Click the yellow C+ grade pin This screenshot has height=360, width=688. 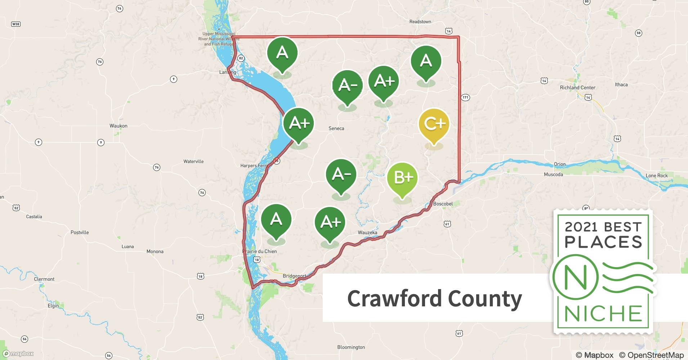pos(434,125)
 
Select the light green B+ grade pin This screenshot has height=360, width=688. pos(402,178)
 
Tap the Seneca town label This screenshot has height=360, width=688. pos(336,129)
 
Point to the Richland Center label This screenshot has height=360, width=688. pos(577,87)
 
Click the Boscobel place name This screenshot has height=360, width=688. pos(443,204)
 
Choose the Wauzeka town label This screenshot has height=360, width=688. pos(367,233)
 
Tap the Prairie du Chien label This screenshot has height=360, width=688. pos(260,251)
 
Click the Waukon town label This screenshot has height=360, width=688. pos(119,126)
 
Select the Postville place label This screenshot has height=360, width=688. pos(80,233)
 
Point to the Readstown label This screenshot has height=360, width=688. pos(420,22)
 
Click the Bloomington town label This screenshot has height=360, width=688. pos(351,347)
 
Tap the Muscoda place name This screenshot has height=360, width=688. pos(553,175)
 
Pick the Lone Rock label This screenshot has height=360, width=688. pos(657,176)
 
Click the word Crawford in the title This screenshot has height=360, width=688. pos(394,298)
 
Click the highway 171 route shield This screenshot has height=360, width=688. pos(465,97)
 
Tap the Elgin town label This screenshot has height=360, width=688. pos(53,306)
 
